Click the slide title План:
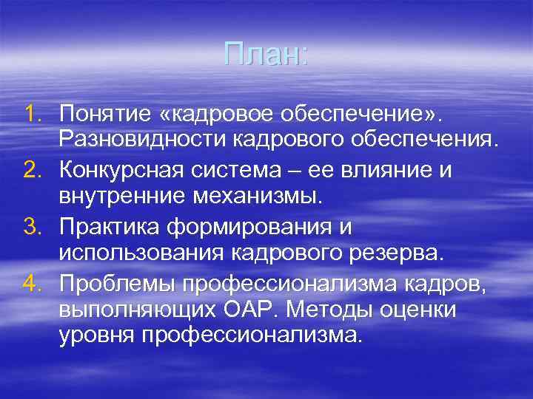(266, 54)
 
